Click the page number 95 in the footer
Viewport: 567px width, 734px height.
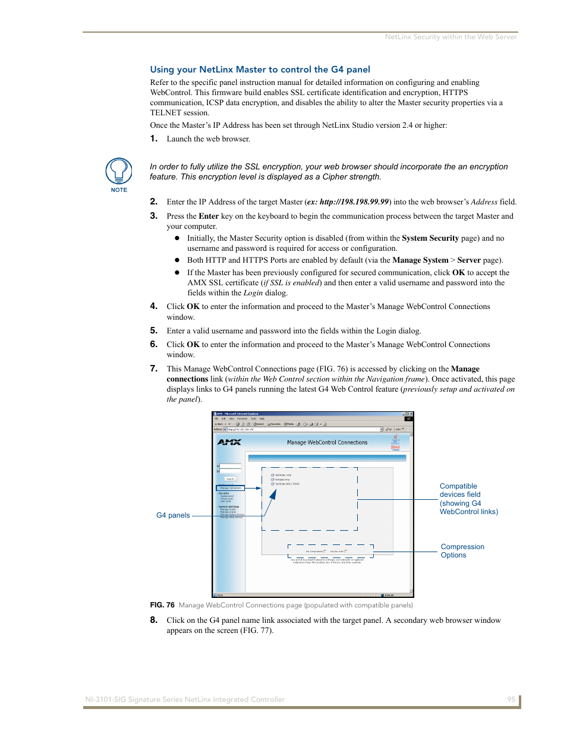point(511,700)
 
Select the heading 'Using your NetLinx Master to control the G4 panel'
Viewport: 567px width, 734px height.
point(260,70)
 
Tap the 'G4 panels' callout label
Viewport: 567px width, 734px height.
point(173,515)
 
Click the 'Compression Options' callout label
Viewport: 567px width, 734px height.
point(462,551)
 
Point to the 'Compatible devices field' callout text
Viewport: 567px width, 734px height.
point(468,499)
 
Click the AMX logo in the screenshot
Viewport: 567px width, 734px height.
point(229,442)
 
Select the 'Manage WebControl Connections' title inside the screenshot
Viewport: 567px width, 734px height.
point(327,442)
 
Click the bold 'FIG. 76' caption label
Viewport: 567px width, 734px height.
point(162,605)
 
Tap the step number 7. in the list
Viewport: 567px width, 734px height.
point(153,368)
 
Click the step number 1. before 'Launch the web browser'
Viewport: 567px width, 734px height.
point(153,138)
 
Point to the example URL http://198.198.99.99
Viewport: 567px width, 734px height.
point(354,202)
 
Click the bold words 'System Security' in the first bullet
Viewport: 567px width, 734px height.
point(430,238)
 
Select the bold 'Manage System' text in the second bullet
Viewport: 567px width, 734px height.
point(420,260)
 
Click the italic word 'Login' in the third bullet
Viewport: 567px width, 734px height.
point(253,293)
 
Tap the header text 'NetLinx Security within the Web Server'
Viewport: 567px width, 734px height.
point(451,37)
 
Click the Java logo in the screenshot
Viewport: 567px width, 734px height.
point(395,442)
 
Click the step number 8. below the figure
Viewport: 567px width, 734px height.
point(153,620)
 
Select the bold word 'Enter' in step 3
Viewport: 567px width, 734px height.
point(209,216)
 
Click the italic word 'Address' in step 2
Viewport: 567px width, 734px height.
point(484,202)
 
